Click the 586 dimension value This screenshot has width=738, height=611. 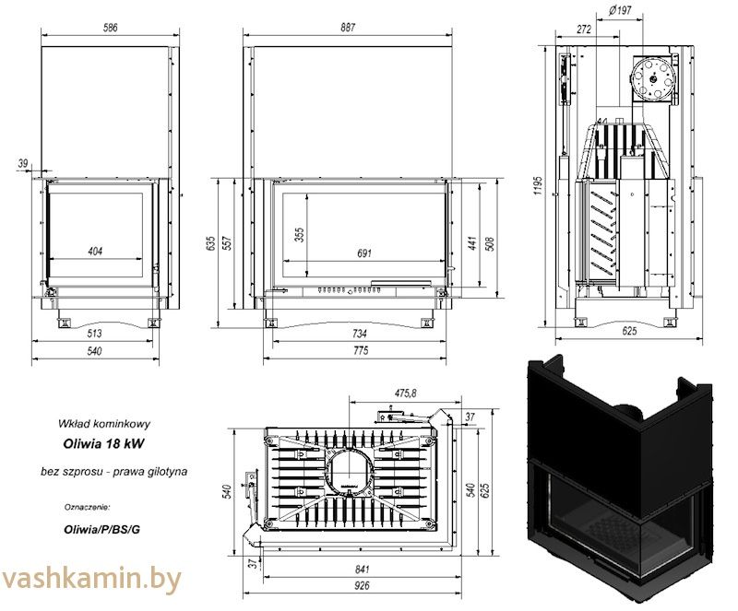click(109, 28)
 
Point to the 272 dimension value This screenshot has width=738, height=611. click(581, 29)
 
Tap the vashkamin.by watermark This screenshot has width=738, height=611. click(90, 580)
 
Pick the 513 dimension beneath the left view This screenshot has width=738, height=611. click(95, 332)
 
